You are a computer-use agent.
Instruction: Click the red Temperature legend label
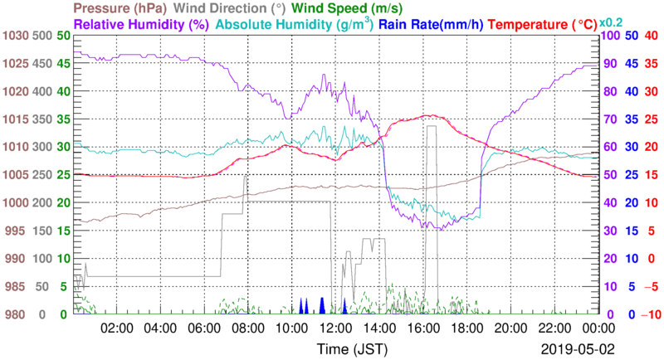click(x=545, y=25)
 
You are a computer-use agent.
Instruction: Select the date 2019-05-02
click(x=574, y=348)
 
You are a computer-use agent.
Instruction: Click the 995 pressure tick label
click(x=17, y=231)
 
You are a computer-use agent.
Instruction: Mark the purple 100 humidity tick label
click(x=607, y=36)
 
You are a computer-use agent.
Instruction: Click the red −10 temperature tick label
click(x=649, y=314)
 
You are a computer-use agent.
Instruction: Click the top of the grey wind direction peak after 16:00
click(x=431, y=126)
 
